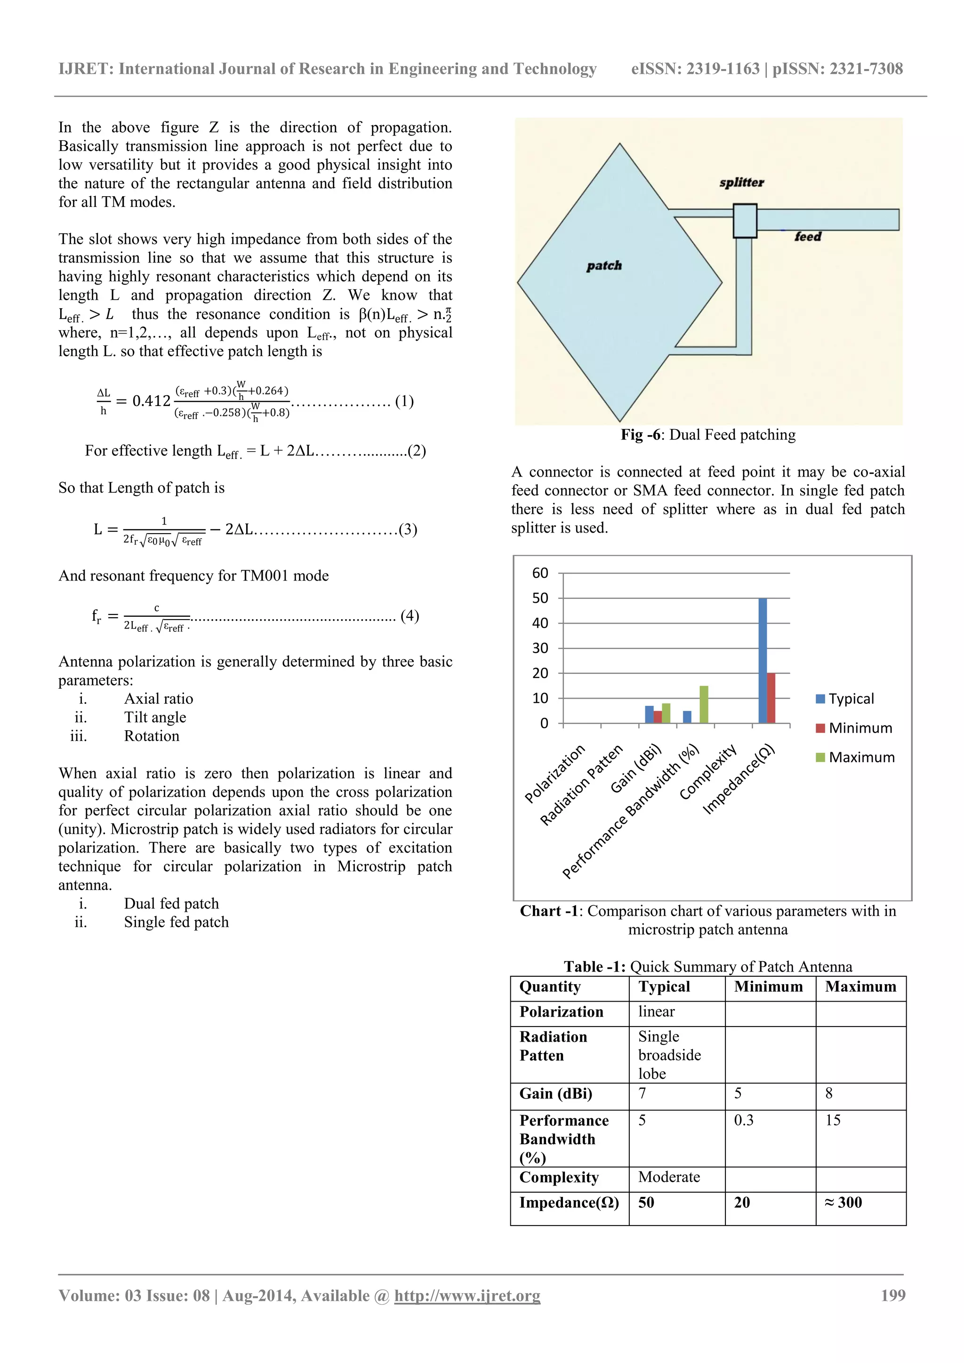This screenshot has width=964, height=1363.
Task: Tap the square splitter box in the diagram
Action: [x=744, y=221]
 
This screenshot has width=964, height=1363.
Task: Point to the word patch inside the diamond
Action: [x=604, y=265]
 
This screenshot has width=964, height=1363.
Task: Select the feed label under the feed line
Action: [x=808, y=236]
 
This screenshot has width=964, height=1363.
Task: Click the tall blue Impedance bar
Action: [x=762, y=660]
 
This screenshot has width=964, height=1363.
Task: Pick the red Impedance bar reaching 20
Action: [x=771, y=698]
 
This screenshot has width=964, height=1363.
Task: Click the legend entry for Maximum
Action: [x=855, y=757]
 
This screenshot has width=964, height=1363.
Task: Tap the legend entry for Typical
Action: [x=844, y=699]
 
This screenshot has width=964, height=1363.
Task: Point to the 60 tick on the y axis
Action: [x=540, y=573]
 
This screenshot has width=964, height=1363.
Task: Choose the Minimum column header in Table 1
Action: [x=768, y=987]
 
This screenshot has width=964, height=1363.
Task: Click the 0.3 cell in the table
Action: [x=744, y=1120]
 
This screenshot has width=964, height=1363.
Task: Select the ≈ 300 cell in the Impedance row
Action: [x=843, y=1203]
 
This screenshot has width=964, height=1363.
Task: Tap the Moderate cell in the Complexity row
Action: [x=669, y=1177]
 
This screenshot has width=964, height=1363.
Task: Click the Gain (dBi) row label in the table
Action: [x=555, y=1093]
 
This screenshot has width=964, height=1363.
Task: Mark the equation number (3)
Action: [x=408, y=529]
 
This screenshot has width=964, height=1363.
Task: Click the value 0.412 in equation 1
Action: [x=152, y=401]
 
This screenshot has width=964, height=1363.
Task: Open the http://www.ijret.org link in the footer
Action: [x=467, y=1296]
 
